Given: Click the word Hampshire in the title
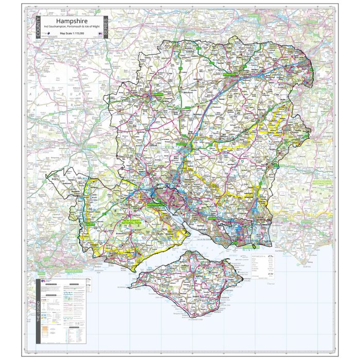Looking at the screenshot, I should point(72,21).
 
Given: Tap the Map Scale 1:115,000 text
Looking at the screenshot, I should point(72,33).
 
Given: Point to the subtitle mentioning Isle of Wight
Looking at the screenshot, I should point(72,26).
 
